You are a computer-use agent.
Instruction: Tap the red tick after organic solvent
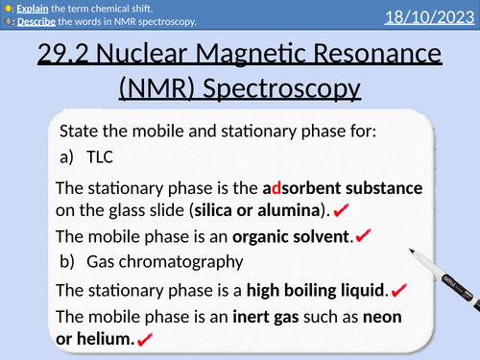click(x=363, y=235)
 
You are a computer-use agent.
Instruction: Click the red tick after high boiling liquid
click(x=399, y=289)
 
